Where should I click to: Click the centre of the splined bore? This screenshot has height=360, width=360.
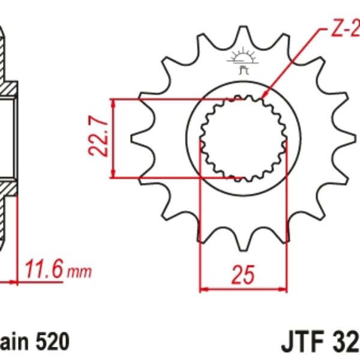[x=242, y=139]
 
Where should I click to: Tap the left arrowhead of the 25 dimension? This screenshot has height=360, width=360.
[x=203, y=289]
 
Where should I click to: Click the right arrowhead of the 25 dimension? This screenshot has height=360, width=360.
[x=283, y=289]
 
